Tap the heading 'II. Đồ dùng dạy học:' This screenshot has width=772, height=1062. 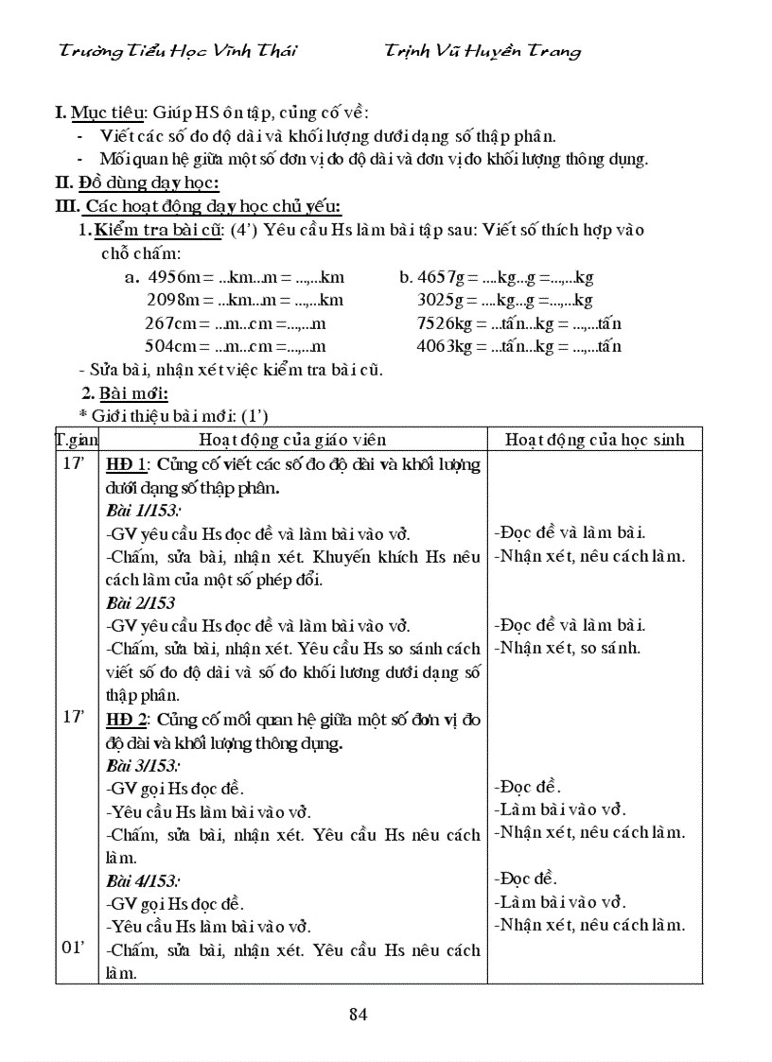pyautogui.click(x=137, y=183)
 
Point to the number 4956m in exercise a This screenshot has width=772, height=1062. pyautogui.click(x=171, y=277)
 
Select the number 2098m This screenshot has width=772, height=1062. pyautogui.click(x=171, y=300)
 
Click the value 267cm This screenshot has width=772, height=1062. pyautogui.click(x=170, y=323)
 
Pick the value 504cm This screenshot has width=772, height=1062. pyautogui.click(x=170, y=346)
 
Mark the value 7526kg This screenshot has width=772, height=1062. pyautogui.click(x=445, y=323)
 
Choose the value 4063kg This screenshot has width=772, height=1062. pyautogui.click(x=445, y=346)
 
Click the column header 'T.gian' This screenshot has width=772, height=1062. pyautogui.click(x=77, y=440)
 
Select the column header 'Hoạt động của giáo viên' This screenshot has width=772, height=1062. pyautogui.click(x=292, y=440)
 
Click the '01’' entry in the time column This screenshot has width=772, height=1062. pyautogui.click(x=74, y=949)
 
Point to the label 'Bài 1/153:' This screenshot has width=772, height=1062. pyautogui.click(x=143, y=511)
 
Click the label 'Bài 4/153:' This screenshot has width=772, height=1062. pyautogui.click(x=143, y=880)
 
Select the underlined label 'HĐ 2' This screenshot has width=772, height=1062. pyautogui.click(x=127, y=719)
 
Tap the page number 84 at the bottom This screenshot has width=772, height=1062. pyautogui.click(x=358, y=1015)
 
